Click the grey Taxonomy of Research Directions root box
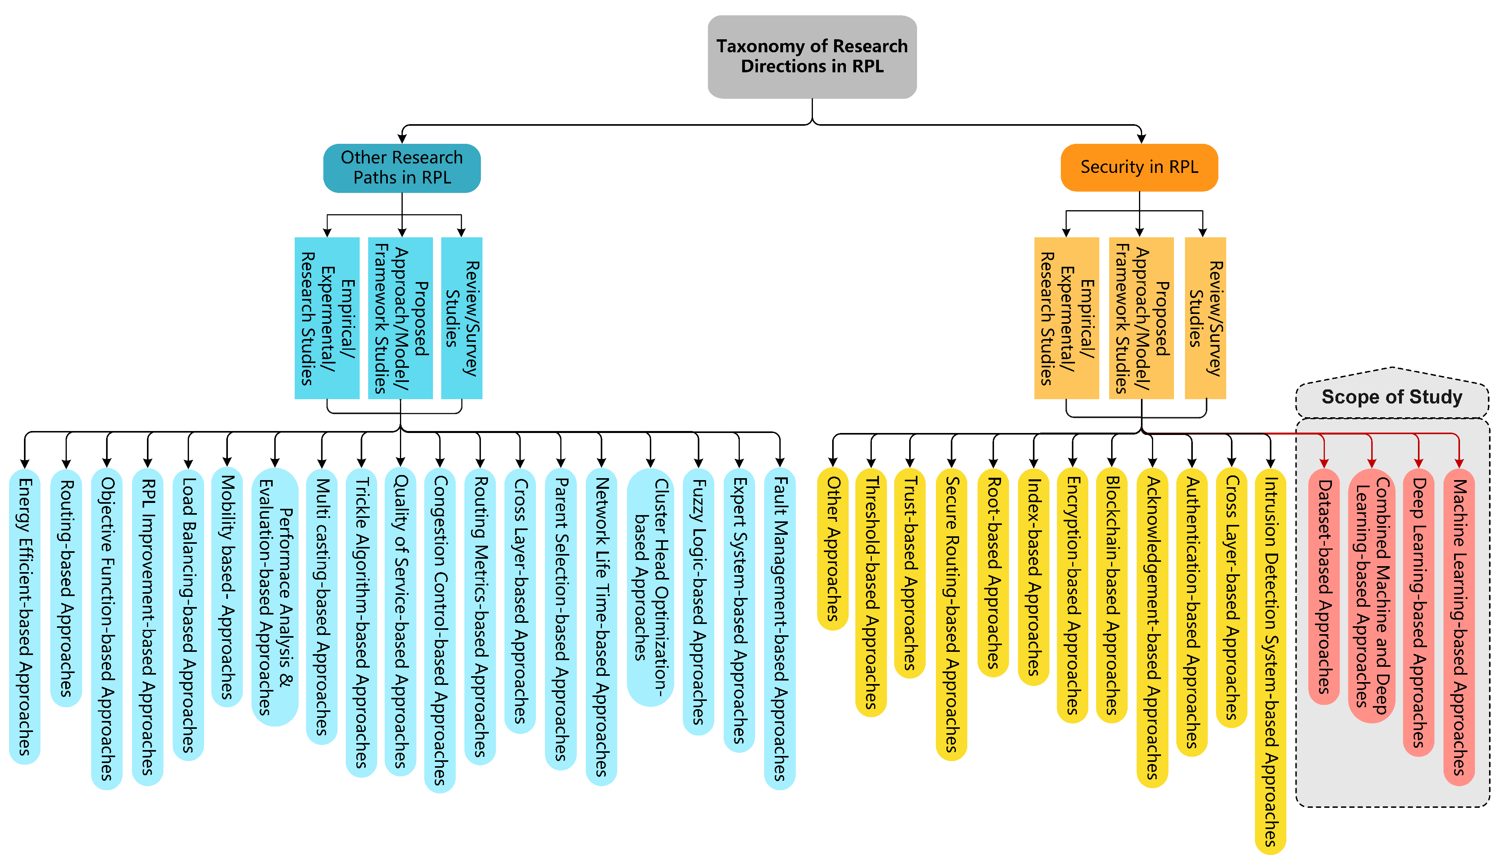click(812, 56)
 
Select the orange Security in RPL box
click(1139, 167)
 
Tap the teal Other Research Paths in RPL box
click(402, 168)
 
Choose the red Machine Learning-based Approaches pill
click(1458, 626)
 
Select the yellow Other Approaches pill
click(833, 548)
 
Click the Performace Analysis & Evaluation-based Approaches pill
click(275, 596)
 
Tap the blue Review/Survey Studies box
click(462, 318)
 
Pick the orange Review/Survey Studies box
click(1205, 318)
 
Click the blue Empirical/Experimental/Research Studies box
click(327, 318)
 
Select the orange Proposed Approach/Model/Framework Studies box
click(1141, 318)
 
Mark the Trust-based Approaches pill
click(910, 572)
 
